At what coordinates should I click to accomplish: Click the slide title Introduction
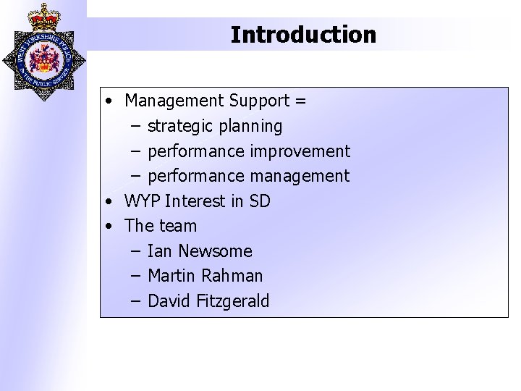tap(303, 34)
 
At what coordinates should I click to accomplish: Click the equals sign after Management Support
tap(300, 100)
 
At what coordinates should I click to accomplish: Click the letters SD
tap(259, 201)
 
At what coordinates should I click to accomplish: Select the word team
tap(178, 226)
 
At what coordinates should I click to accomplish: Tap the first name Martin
tap(171, 276)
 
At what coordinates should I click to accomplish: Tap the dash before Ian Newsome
tap(136, 251)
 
